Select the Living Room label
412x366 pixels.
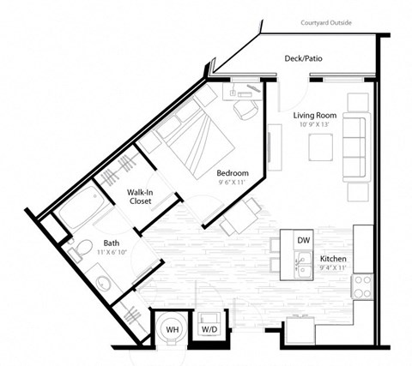pyautogui.click(x=314, y=115)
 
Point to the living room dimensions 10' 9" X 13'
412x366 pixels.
pyautogui.click(x=314, y=125)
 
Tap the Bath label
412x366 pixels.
pyautogui.click(x=88, y=243)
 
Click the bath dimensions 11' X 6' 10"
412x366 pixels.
pyautogui.click(x=88, y=254)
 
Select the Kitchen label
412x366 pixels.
pyautogui.click(x=333, y=259)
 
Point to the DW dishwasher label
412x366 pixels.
pyautogui.click(x=303, y=241)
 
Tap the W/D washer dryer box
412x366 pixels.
pyautogui.click(x=209, y=327)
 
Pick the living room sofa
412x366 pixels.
pyautogui.click(x=354, y=147)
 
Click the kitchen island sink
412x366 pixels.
pyautogui.click(x=303, y=267)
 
